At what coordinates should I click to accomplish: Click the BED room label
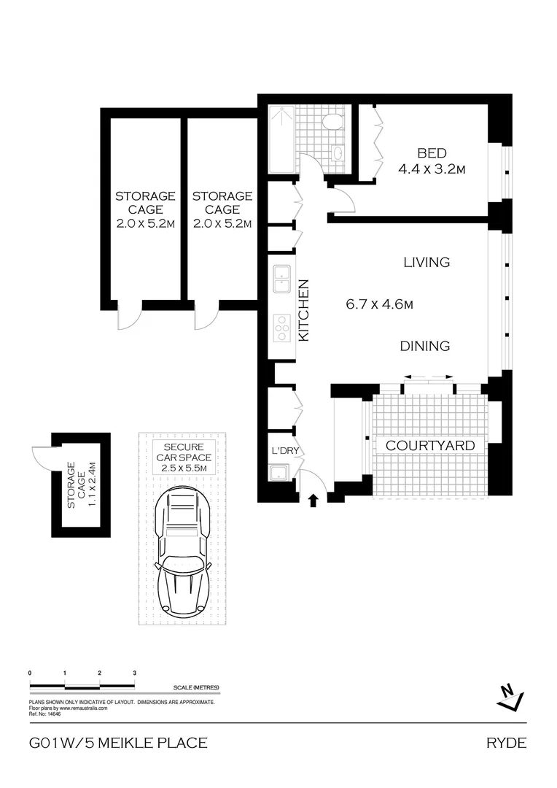click(432, 154)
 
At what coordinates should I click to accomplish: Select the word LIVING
click(426, 262)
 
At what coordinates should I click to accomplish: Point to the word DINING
click(425, 346)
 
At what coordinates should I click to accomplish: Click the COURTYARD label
click(429, 445)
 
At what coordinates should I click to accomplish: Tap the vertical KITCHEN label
click(305, 310)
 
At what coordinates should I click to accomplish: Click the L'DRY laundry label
click(285, 451)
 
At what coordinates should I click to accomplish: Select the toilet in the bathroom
click(335, 120)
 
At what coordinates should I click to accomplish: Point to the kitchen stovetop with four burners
click(281, 329)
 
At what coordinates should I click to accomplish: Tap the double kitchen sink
click(281, 278)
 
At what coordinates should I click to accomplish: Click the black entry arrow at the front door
click(313, 501)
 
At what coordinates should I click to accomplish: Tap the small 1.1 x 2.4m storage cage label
click(81, 485)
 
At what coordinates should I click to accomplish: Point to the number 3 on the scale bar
click(135, 672)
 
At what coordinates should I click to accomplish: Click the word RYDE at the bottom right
click(505, 743)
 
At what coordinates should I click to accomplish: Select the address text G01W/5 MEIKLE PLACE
click(118, 743)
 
